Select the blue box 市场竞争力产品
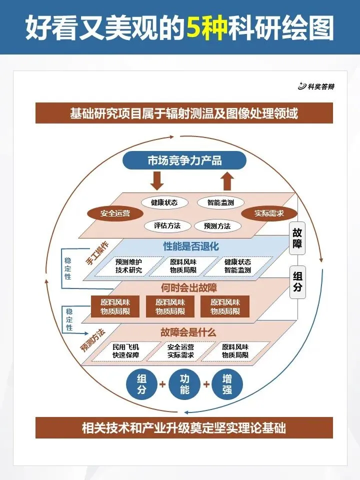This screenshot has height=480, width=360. [184, 160]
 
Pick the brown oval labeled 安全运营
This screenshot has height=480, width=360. [115, 213]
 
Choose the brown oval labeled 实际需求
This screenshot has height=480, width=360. [269, 213]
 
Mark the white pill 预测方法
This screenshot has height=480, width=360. [217, 226]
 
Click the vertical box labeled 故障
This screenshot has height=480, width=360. [297, 239]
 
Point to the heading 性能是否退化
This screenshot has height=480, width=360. [191, 246]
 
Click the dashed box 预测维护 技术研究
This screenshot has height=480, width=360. [129, 266]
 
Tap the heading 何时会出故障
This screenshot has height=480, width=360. [185, 287]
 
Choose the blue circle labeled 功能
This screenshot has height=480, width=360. [185, 384]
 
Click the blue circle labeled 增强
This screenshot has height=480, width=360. [227, 384]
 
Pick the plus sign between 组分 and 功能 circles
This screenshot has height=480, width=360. [162, 384]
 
